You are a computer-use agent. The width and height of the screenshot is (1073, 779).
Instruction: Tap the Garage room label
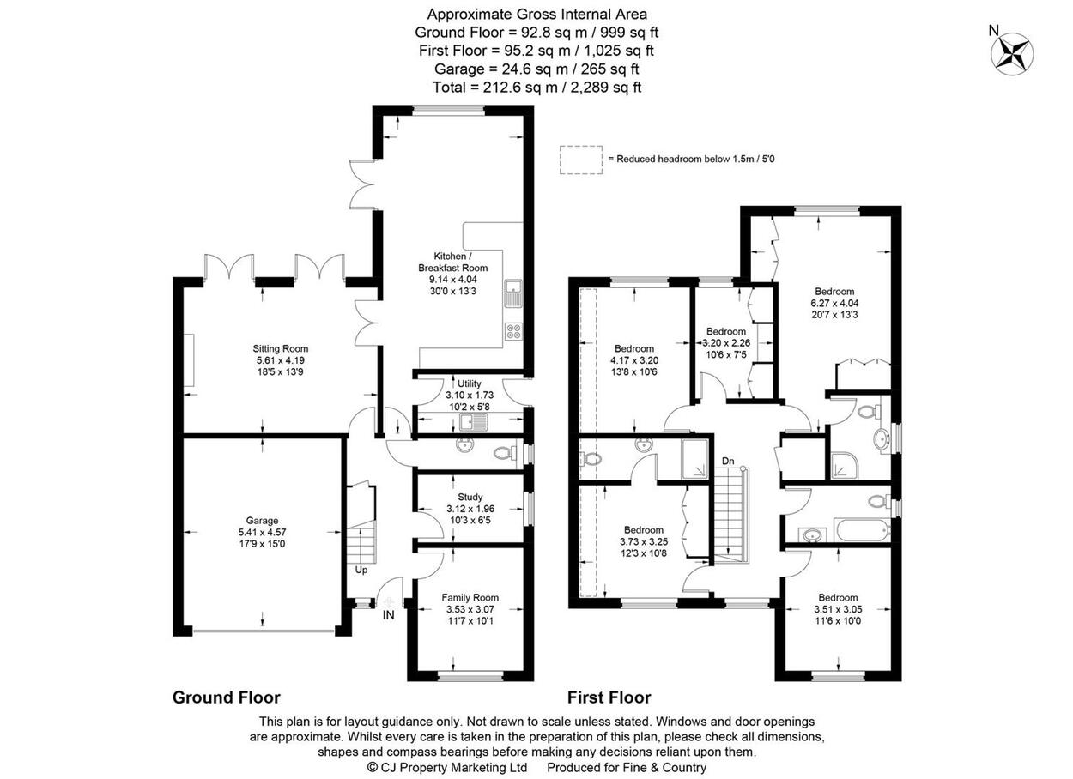tap(262, 521)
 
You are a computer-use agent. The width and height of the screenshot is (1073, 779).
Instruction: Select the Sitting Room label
tap(281, 348)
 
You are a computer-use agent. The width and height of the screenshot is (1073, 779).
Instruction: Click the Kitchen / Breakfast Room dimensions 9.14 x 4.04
tap(453, 279)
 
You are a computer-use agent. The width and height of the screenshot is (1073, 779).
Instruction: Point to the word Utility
tap(469, 383)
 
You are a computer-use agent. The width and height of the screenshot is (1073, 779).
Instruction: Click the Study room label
tap(470, 497)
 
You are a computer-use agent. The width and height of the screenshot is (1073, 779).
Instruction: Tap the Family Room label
tap(470, 597)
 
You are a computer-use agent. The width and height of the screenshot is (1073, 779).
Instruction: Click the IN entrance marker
tap(389, 615)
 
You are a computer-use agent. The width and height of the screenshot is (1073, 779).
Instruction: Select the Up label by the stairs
tap(361, 571)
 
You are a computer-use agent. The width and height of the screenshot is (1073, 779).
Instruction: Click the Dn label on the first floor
tap(728, 461)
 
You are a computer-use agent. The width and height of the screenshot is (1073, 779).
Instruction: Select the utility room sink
tap(473, 422)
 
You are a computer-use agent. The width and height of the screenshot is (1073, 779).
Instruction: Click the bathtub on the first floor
tap(861, 530)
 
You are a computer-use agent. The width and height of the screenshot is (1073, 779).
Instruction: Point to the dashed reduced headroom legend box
tap(581, 160)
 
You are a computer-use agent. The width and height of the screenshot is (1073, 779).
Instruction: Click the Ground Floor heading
tap(226, 697)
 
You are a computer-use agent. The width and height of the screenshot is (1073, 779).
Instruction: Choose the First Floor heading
tap(609, 697)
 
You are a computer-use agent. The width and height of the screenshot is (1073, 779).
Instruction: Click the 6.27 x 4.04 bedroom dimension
tap(834, 303)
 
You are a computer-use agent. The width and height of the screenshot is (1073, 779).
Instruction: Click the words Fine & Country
tap(664, 768)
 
